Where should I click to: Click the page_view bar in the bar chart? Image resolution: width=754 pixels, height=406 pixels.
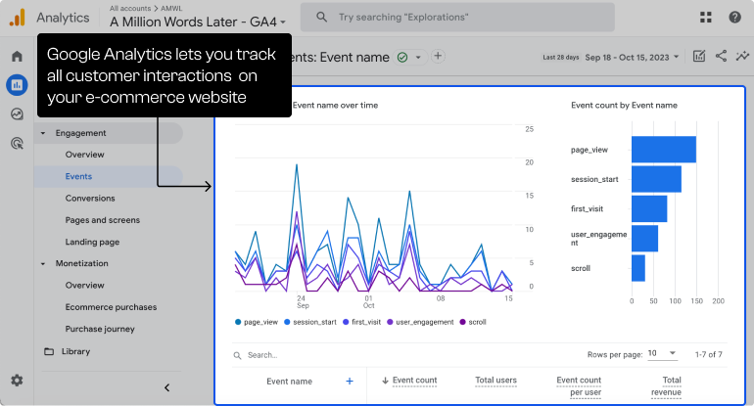[663, 150]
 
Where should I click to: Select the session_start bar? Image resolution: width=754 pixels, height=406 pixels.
[656, 179]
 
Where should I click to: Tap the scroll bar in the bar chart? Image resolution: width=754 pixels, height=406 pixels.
[637, 268]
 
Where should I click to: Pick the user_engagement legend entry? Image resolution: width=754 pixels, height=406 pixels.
[422, 322]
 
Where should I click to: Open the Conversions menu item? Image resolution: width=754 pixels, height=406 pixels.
[90, 198]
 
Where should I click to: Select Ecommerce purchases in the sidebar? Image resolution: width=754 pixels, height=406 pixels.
[110, 307]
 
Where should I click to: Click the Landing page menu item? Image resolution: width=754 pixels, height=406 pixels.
[92, 242]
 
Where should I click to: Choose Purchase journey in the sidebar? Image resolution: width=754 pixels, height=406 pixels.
[100, 329]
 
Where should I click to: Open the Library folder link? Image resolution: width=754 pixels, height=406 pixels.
[75, 351]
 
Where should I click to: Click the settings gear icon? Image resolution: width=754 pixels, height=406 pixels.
[17, 380]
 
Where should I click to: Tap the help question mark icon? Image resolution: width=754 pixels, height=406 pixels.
[734, 17]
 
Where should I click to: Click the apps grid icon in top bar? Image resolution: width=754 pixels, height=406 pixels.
[706, 17]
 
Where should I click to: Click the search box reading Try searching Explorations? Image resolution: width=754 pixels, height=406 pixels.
[457, 17]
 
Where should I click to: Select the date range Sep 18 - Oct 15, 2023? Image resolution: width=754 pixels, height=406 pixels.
[635, 57]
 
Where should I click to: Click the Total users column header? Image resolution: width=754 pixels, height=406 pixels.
[495, 381]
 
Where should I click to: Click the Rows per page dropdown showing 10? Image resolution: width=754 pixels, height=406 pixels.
[659, 354]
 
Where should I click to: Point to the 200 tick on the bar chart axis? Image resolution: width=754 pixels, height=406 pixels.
[717, 300]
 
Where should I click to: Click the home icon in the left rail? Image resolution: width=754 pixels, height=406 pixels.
[17, 56]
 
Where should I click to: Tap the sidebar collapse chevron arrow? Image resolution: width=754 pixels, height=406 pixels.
[166, 388]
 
